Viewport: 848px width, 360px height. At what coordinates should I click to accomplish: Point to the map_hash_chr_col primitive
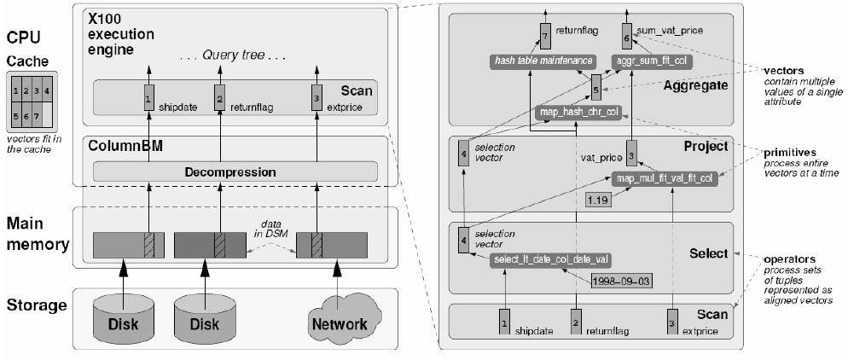577,112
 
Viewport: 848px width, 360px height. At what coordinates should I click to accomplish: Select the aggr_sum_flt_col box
653,61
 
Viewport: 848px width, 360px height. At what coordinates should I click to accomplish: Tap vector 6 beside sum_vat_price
626,38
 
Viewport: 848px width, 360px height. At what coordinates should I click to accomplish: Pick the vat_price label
599,158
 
